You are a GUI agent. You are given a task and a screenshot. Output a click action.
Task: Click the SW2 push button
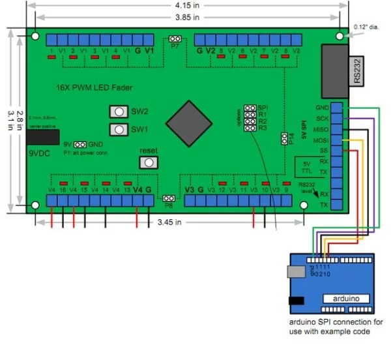click(x=119, y=112)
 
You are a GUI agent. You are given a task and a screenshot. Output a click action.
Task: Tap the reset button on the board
click(x=149, y=162)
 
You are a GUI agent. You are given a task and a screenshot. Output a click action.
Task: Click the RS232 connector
click(x=339, y=67)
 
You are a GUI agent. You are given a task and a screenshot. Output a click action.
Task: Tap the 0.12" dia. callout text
click(x=366, y=27)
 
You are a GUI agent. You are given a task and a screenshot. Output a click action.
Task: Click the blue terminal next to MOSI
click(x=337, y=140)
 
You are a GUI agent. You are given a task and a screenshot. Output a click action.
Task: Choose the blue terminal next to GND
click(x=337, y=107)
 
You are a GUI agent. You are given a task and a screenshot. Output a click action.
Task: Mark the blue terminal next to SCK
click(x=337, y=118)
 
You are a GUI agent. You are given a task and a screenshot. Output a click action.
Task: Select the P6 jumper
click(x=169, y=197)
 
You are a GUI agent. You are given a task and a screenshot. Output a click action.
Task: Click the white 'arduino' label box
click(x=346, y=298)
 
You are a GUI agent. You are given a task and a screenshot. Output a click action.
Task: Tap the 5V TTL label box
click(x=308, y=167)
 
